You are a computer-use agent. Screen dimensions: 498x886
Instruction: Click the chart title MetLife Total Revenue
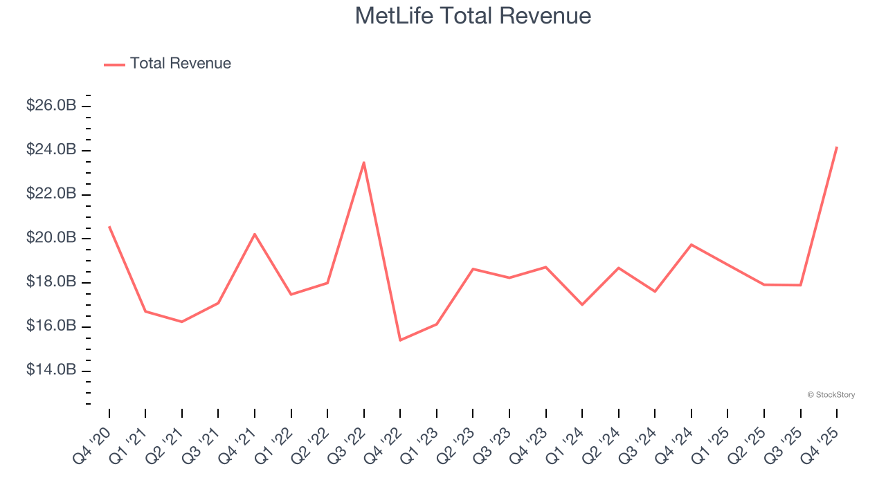click(473, 15)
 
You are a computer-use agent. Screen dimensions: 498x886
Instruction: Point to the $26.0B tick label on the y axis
click(51, 106)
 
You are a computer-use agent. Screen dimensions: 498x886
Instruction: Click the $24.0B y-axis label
click(51, 150)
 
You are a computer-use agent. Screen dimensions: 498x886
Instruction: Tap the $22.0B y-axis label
click(51, 194)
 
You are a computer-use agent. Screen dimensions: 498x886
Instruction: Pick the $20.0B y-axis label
click(51, 239)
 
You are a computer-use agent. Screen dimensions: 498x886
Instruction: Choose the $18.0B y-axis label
click(51, 282)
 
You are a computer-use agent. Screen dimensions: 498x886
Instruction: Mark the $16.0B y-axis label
click(51, 326)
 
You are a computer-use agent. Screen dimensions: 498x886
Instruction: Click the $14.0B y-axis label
click(51, 371)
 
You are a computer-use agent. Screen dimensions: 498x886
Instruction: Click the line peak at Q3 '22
click(364, 163)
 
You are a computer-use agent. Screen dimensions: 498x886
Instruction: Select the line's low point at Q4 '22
click(400, 340)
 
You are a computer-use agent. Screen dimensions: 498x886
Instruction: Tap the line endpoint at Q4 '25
click(837, 147)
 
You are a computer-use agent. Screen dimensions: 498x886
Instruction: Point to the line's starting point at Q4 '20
click(109, 226)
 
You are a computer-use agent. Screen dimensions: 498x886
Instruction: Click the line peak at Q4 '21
click(255, 234)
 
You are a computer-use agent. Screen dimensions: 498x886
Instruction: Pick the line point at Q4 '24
click(691, 244)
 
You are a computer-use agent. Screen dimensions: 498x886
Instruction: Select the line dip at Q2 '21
click(182, 322)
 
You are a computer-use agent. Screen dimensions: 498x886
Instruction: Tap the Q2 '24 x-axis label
click(606, 444)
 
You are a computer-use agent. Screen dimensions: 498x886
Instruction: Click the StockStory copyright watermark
click(831, 395)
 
